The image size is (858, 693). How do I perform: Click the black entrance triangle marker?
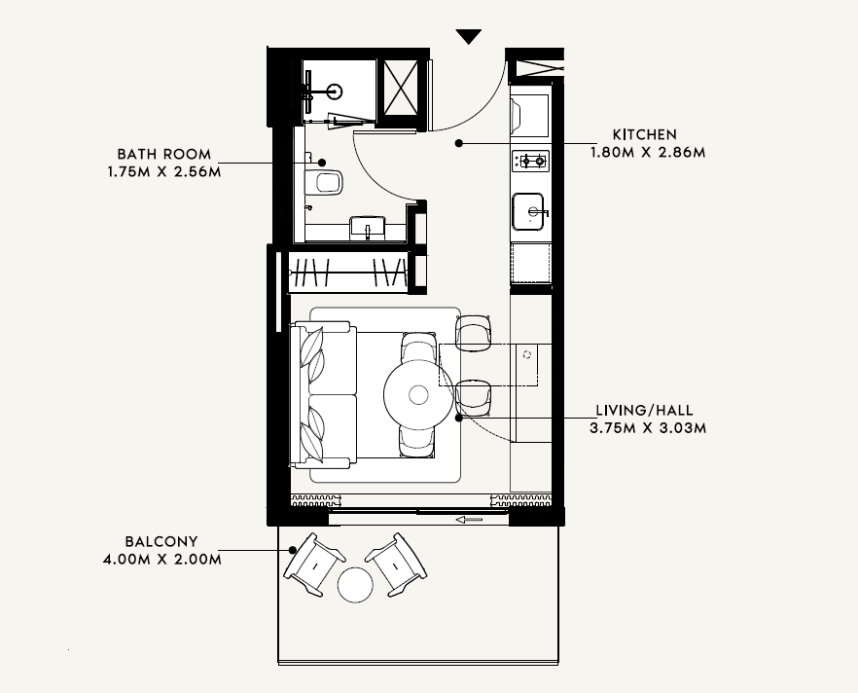pyautogui.click(x=469, y=36)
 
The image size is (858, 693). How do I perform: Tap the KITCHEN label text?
pyautogui.click(x=645, y=134)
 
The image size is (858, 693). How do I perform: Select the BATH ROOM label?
pyautogui.click(x=164, y=155)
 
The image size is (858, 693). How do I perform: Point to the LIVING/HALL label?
pyautogui.click(x=645, y=411)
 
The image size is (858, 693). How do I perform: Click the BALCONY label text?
pyautogui.click(x=161, y=542)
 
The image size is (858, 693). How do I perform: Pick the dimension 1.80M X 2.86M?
pyautogui.click(x=648, y=152)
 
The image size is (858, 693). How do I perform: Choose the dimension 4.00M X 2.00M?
pyautogui.click(x=161, y=560)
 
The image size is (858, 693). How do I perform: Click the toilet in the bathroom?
pyautogui.click(x=323, y=182)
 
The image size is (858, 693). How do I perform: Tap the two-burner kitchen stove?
pyautogui.click(x=531, y=161)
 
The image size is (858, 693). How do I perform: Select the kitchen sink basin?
pyautogui.click(x=528, y=211)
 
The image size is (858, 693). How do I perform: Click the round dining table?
pyautogui.click(x=418, y=394)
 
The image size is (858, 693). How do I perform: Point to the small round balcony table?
pyautogui.click(x=356, y=585)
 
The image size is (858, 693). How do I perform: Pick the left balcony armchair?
pyautogui.click(x=314, y=565)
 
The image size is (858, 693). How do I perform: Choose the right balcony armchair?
pyautogui.click(x=396, y=565)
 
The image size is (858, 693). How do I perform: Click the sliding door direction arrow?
pyautogui.click(x=470, y=520)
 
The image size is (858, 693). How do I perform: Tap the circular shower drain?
pyautogui.click(x=335, y=91)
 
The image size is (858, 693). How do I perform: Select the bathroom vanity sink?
pyautogui.click(x=368, y=228)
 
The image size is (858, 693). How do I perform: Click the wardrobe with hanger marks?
pyautogui.click(x=348, y=272)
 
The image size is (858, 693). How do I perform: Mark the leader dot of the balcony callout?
pyautogui.click(x=293, y=550)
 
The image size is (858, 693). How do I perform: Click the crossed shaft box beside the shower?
pyautogui.click(x=401, y=88)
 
